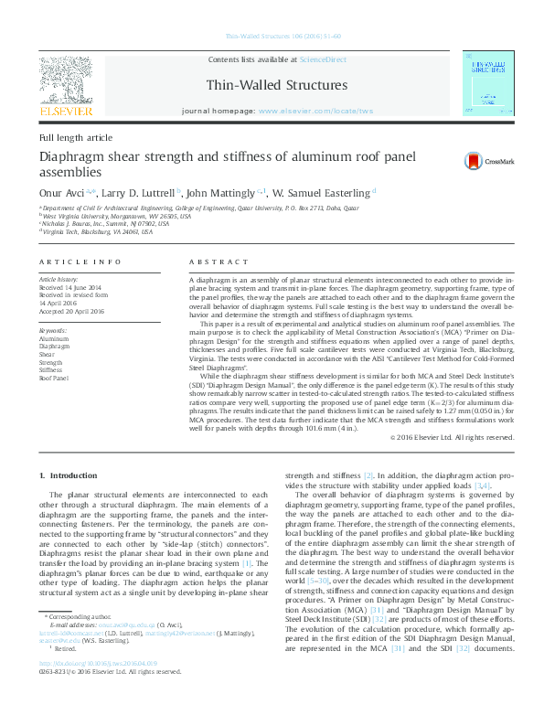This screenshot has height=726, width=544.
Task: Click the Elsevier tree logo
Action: tap(65, 80)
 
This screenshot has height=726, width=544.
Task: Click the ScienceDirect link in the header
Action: tap(324, 59)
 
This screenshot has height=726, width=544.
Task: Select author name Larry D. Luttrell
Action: tap(135, 194)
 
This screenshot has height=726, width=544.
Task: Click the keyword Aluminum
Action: tap(54, 338)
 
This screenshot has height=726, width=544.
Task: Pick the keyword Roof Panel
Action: tap(54, 377)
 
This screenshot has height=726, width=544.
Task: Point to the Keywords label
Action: tap(52, 330)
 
